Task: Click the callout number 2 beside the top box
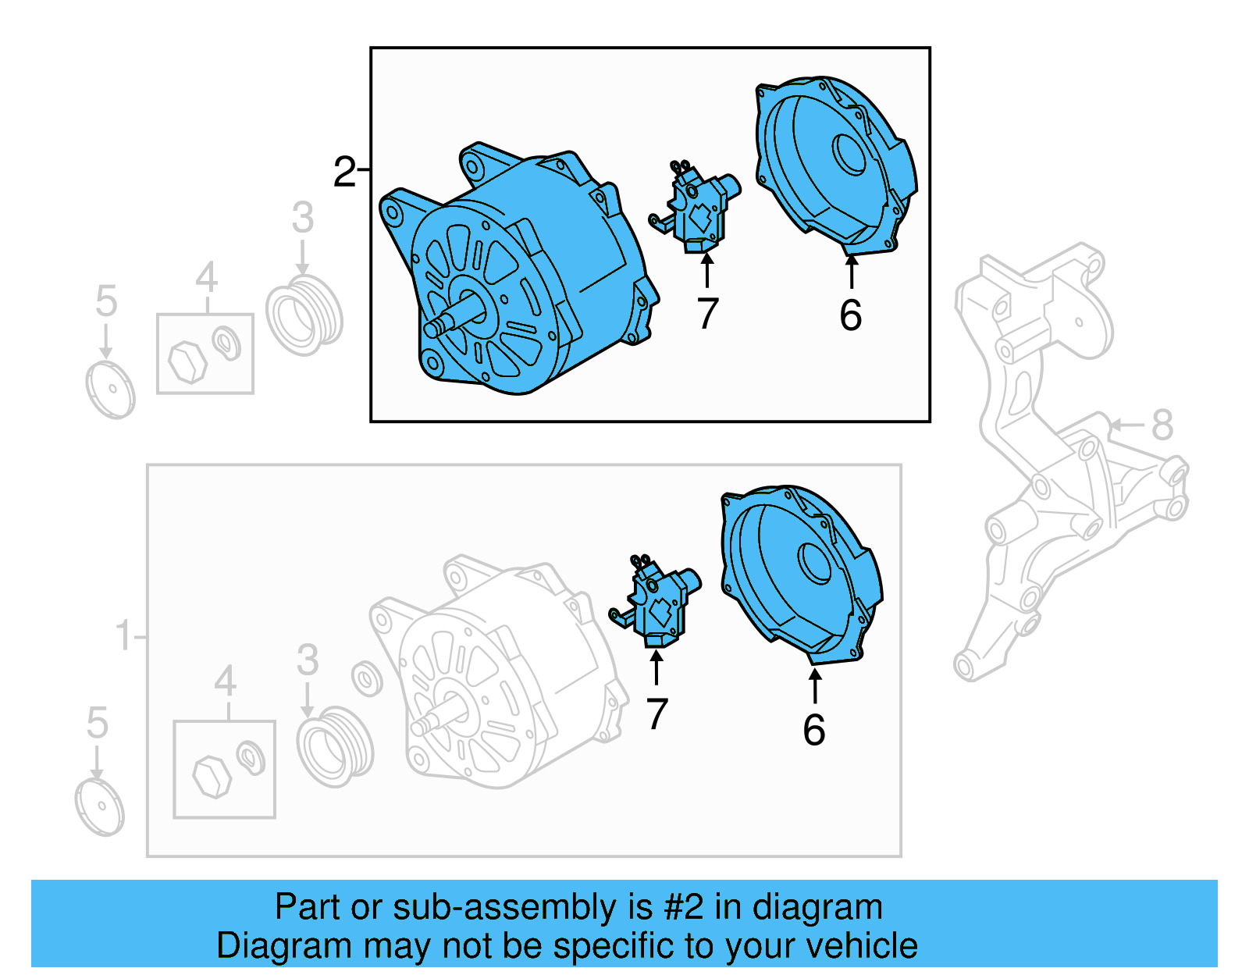tap(344, 172)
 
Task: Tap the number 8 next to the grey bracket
tap(1162, 425)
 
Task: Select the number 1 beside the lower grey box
tap(123, 635)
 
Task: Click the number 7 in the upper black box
tap(707, 314)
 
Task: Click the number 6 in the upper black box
tap(850, 315)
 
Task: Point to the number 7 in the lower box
tap(657, 714)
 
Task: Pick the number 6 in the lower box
tap(813, 730)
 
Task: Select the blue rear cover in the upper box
tap(835, 164)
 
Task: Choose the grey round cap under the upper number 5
tap(110, 390)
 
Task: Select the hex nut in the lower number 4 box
tap(210, 776)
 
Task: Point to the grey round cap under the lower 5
tap(100, 807)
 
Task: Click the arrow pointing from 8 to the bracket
tap(1124, 425)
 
